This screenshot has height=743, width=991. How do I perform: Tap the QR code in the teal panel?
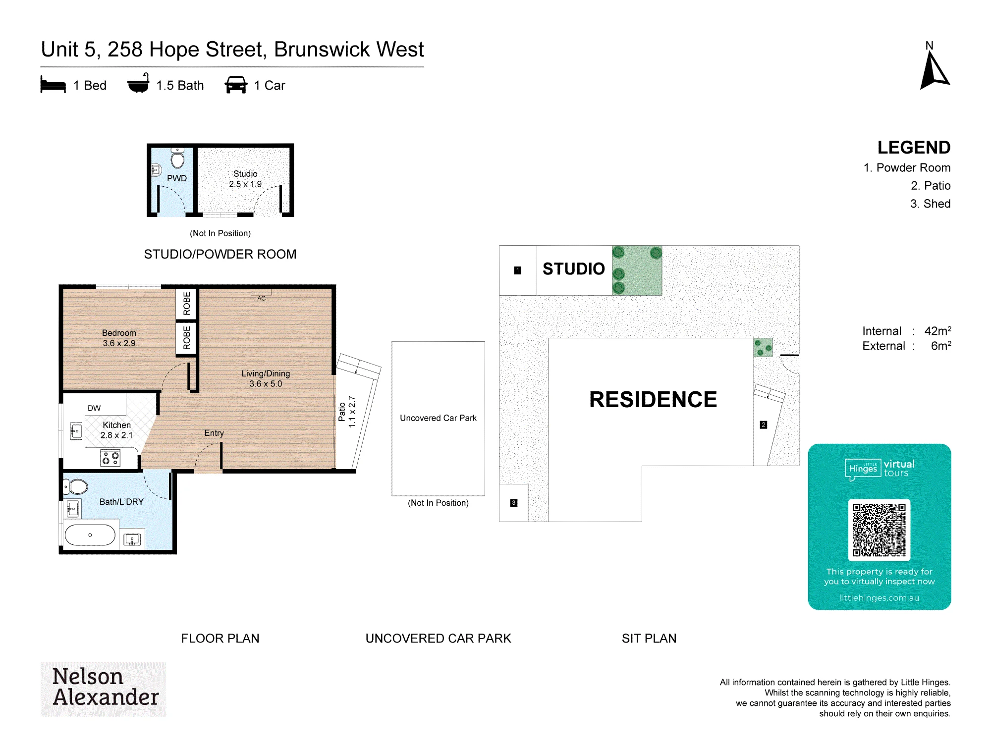879,530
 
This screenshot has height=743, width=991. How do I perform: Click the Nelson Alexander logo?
104,689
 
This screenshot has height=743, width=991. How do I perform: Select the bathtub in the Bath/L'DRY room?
90,535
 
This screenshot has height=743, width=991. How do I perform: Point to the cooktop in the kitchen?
110,458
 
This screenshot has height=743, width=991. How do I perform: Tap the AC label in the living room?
262,298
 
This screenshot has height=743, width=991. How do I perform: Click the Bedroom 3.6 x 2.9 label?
119,338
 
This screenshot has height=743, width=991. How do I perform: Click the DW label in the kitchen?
94,408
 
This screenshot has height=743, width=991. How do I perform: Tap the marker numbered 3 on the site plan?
514,503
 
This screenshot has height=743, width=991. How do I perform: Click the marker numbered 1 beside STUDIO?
518,270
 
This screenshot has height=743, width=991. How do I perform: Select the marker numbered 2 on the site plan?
764,425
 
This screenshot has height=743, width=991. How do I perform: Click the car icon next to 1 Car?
236,85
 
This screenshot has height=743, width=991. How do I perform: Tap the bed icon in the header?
53,85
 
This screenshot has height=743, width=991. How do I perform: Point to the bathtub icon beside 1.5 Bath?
138,83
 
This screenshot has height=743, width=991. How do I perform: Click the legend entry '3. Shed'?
930,204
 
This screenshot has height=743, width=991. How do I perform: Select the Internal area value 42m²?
937,331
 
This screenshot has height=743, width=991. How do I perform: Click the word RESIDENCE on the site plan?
653,400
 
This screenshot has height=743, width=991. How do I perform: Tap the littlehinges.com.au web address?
879,598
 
